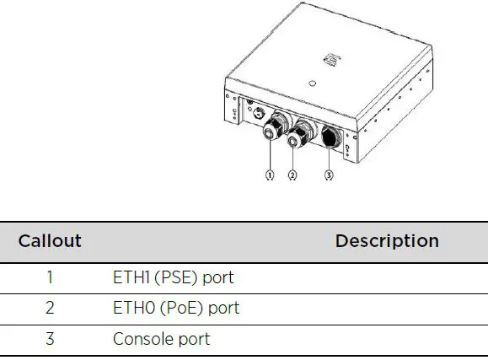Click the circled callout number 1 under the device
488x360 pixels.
[270, 175]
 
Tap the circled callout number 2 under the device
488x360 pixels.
[292, 175]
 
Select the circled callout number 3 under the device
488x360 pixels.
[328, 175]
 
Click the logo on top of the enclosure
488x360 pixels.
[331, 60]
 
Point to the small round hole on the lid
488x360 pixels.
[312, 83]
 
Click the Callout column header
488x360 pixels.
[50, 240]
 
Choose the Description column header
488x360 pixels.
[387, 240]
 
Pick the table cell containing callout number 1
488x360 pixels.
[50, 277]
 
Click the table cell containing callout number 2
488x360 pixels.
[50, 308]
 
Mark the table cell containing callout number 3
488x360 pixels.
[50, 339]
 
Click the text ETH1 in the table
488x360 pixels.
[130, 277]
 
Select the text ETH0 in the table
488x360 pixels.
[131, 308]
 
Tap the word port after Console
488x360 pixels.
[193, 339]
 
